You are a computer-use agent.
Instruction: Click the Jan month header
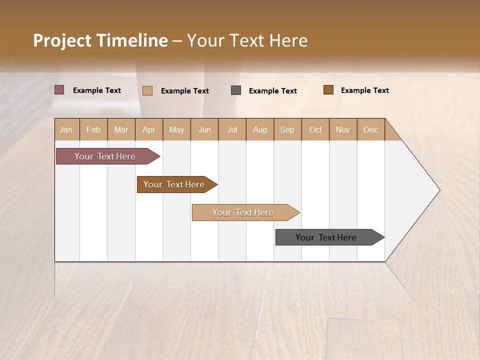click(66, 129)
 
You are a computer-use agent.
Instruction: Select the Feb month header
click(93, 129)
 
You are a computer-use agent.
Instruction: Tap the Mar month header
click(121, 129)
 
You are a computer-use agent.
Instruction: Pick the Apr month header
click(149, 129)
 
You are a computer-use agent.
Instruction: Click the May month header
click(176, 129)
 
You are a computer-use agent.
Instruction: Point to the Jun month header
click(204, 129)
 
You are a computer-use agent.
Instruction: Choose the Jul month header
click(232, 129)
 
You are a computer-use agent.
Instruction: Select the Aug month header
click(260, 129)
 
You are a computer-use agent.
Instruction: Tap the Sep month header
click(287, 129)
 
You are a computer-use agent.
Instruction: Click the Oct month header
click(315, 129)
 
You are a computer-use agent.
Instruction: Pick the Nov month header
click(343, 129)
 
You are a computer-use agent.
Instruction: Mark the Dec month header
click(371, 129)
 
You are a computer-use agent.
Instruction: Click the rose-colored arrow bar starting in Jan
click(105, 156)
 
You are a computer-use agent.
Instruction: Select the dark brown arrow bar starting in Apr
click(174, 184)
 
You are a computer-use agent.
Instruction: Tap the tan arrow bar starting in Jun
click(243, 212)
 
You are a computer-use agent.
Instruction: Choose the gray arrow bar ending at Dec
click(326, 237)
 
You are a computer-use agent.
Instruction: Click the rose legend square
click(59, 90)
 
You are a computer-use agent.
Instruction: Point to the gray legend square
click(236, 90)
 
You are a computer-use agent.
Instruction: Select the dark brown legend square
click(328, 90)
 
